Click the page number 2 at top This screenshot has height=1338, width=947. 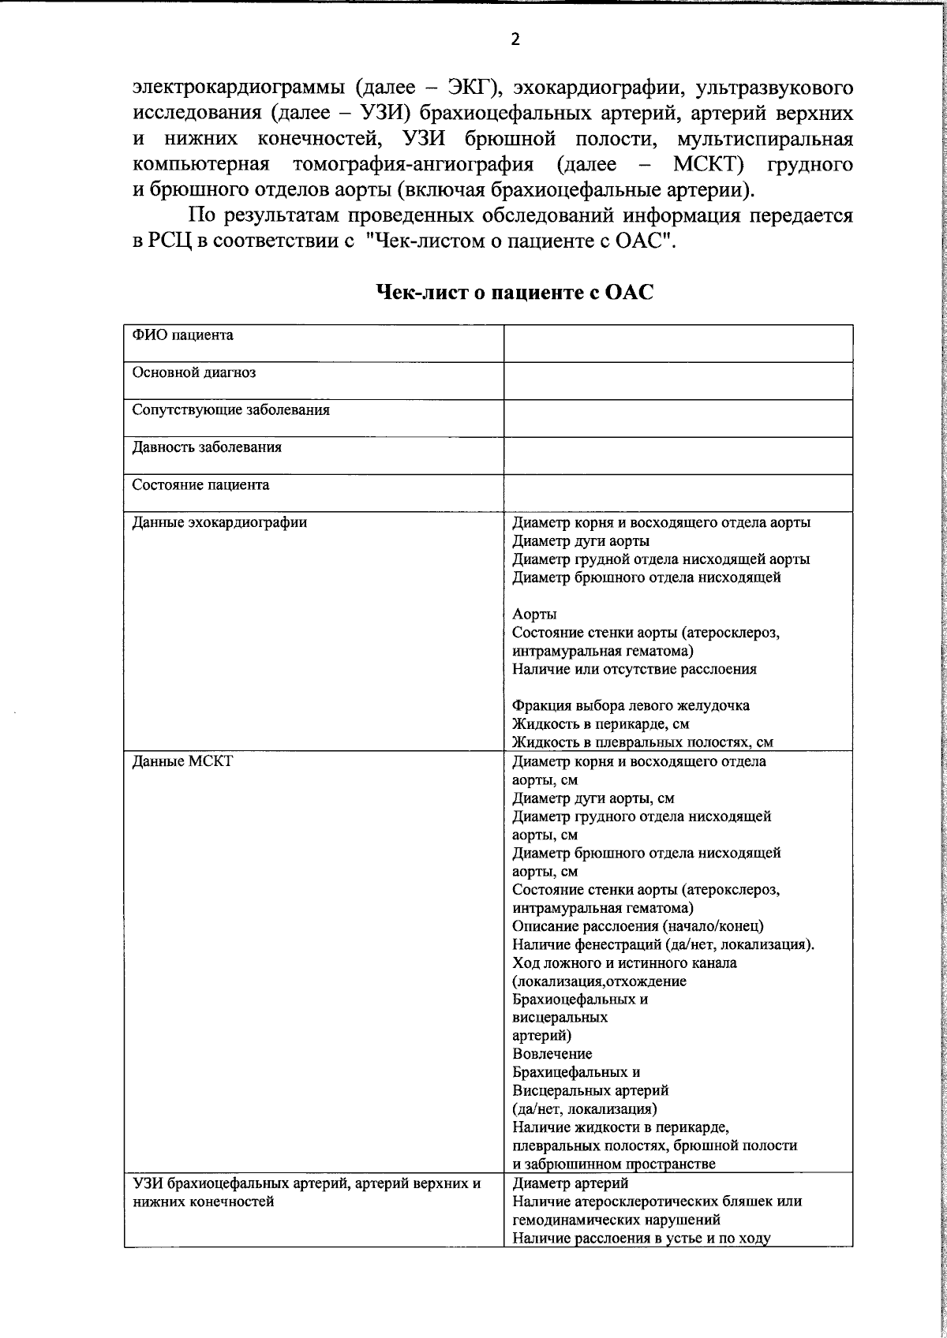(x=515, y=39)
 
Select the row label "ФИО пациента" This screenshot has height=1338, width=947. (x=182, y=335)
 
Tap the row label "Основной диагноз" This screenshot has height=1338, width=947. (x=193, y=372)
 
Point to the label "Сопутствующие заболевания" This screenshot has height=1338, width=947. (x=230, y=410)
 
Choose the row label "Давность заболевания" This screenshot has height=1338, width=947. (x=207, y=447)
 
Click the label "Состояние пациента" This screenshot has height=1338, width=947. (x=200, y=485)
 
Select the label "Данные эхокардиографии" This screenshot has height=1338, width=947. (x=219, y=522)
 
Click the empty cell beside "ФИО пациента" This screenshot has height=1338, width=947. (x=678, y=343)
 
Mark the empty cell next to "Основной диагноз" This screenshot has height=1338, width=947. (x=678, y=381)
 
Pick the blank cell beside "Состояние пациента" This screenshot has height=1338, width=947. (x=678, y=493)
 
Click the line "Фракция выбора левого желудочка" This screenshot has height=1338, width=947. (x=631, y=705)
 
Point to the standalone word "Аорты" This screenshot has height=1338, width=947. (x=534, y=614)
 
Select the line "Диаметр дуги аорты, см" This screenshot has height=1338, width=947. (x=593, y=798)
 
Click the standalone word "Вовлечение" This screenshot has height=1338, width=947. (x=552, y=1054)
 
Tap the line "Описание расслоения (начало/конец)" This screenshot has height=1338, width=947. (x=638, y=926)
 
